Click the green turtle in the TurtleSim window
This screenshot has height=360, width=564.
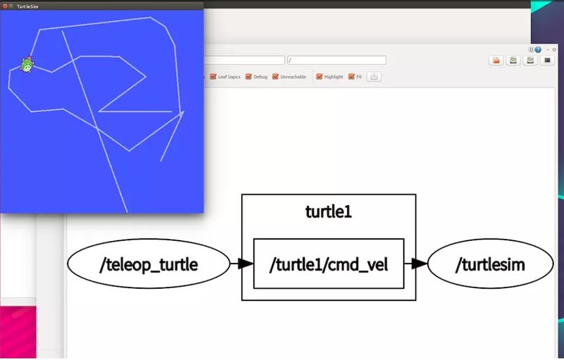pos(27,66)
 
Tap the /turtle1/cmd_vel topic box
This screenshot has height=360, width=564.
pos(329,264)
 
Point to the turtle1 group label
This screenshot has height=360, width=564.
pos(328,211)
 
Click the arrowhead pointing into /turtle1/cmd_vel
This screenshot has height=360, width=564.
pos(245,263)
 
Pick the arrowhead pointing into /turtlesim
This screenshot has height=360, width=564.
pos(419,263)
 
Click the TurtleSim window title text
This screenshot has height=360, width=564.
pos(29,5)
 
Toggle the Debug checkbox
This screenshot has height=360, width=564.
pos(248,77)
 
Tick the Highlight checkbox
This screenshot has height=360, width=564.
pos(319,77)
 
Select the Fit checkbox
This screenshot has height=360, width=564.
pos(351,77)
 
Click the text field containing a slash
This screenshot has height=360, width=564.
pos(336,61)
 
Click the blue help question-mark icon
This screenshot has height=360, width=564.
pos(538,50)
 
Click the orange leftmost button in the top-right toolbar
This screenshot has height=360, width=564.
pos(496,61)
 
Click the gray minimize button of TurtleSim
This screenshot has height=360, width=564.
pos(11,5)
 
